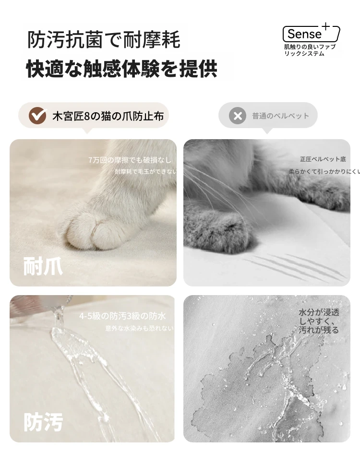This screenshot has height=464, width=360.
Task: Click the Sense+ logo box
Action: (311, 34)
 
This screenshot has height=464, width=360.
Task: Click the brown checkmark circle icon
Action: (37, 116)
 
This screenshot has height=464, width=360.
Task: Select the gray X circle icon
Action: (238, 116)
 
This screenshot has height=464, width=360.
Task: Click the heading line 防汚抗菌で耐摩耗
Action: (104, 40)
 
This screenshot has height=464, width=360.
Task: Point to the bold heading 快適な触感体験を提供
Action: (122, 69)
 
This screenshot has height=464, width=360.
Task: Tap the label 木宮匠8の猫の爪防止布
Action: (108, 116)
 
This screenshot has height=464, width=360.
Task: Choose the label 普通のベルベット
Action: (280, 116)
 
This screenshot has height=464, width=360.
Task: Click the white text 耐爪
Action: (43, 266)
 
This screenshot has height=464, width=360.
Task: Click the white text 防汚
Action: (43, 422)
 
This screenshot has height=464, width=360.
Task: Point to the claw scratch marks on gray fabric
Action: (296, 267)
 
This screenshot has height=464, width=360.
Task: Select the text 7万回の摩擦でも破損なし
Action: (130, 160)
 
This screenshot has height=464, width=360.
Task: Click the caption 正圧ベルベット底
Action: (323, 159)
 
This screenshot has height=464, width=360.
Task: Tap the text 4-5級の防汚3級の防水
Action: (122, 316)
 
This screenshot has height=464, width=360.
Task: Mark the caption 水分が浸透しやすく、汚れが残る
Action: (319, 321)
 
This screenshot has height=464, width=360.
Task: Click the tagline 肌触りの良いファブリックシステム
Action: (310, 50)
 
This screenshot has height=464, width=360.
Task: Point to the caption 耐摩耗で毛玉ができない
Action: (145, 171)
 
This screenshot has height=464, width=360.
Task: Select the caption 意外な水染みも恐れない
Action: (140, 328)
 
